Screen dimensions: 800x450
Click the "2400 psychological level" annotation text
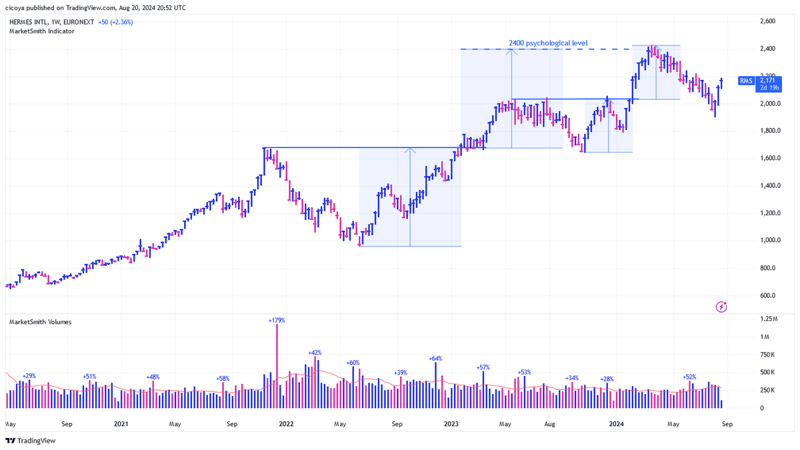pyautogui.click(x=548, y=43)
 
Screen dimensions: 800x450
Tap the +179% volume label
pyautogui.click(x=277, y=321)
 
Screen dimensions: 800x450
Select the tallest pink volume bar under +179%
pyautogui.click(x=277, y=366)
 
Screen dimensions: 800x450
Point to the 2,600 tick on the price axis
pyautogui.click(x=768, y=21)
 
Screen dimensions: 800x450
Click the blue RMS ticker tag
pyautogui.click(x=746, y=81)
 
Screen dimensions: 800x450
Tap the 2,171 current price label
pyautogui.click(x=767, y=81)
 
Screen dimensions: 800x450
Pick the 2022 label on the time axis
pyautogui.click(x=286, y=424)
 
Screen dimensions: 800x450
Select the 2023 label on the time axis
pyautogui.click(x=451, y=424)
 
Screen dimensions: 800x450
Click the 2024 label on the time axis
pyautogui.click(x=617, y=424)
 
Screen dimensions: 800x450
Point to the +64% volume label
pyautogui.click(x=436, y=359)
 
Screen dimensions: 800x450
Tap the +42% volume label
pyautogui.click(x=315, y=353)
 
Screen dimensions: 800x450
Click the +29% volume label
pyautogui.click(x=29, y=376)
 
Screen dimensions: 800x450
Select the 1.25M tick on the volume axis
pyautogui.click(x=769, y=319)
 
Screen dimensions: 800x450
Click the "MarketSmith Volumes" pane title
pyautogui.click(x=41, y=322)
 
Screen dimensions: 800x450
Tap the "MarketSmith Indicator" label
pyautogui.click(x=42, y=31)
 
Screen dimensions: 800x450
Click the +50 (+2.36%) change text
pyautogui.click(x=116, y=22)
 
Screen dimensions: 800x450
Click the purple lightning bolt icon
pyautogui.click(x=721, y=307)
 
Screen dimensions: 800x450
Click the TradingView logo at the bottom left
pyautogui.click(x=31, y=441)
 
